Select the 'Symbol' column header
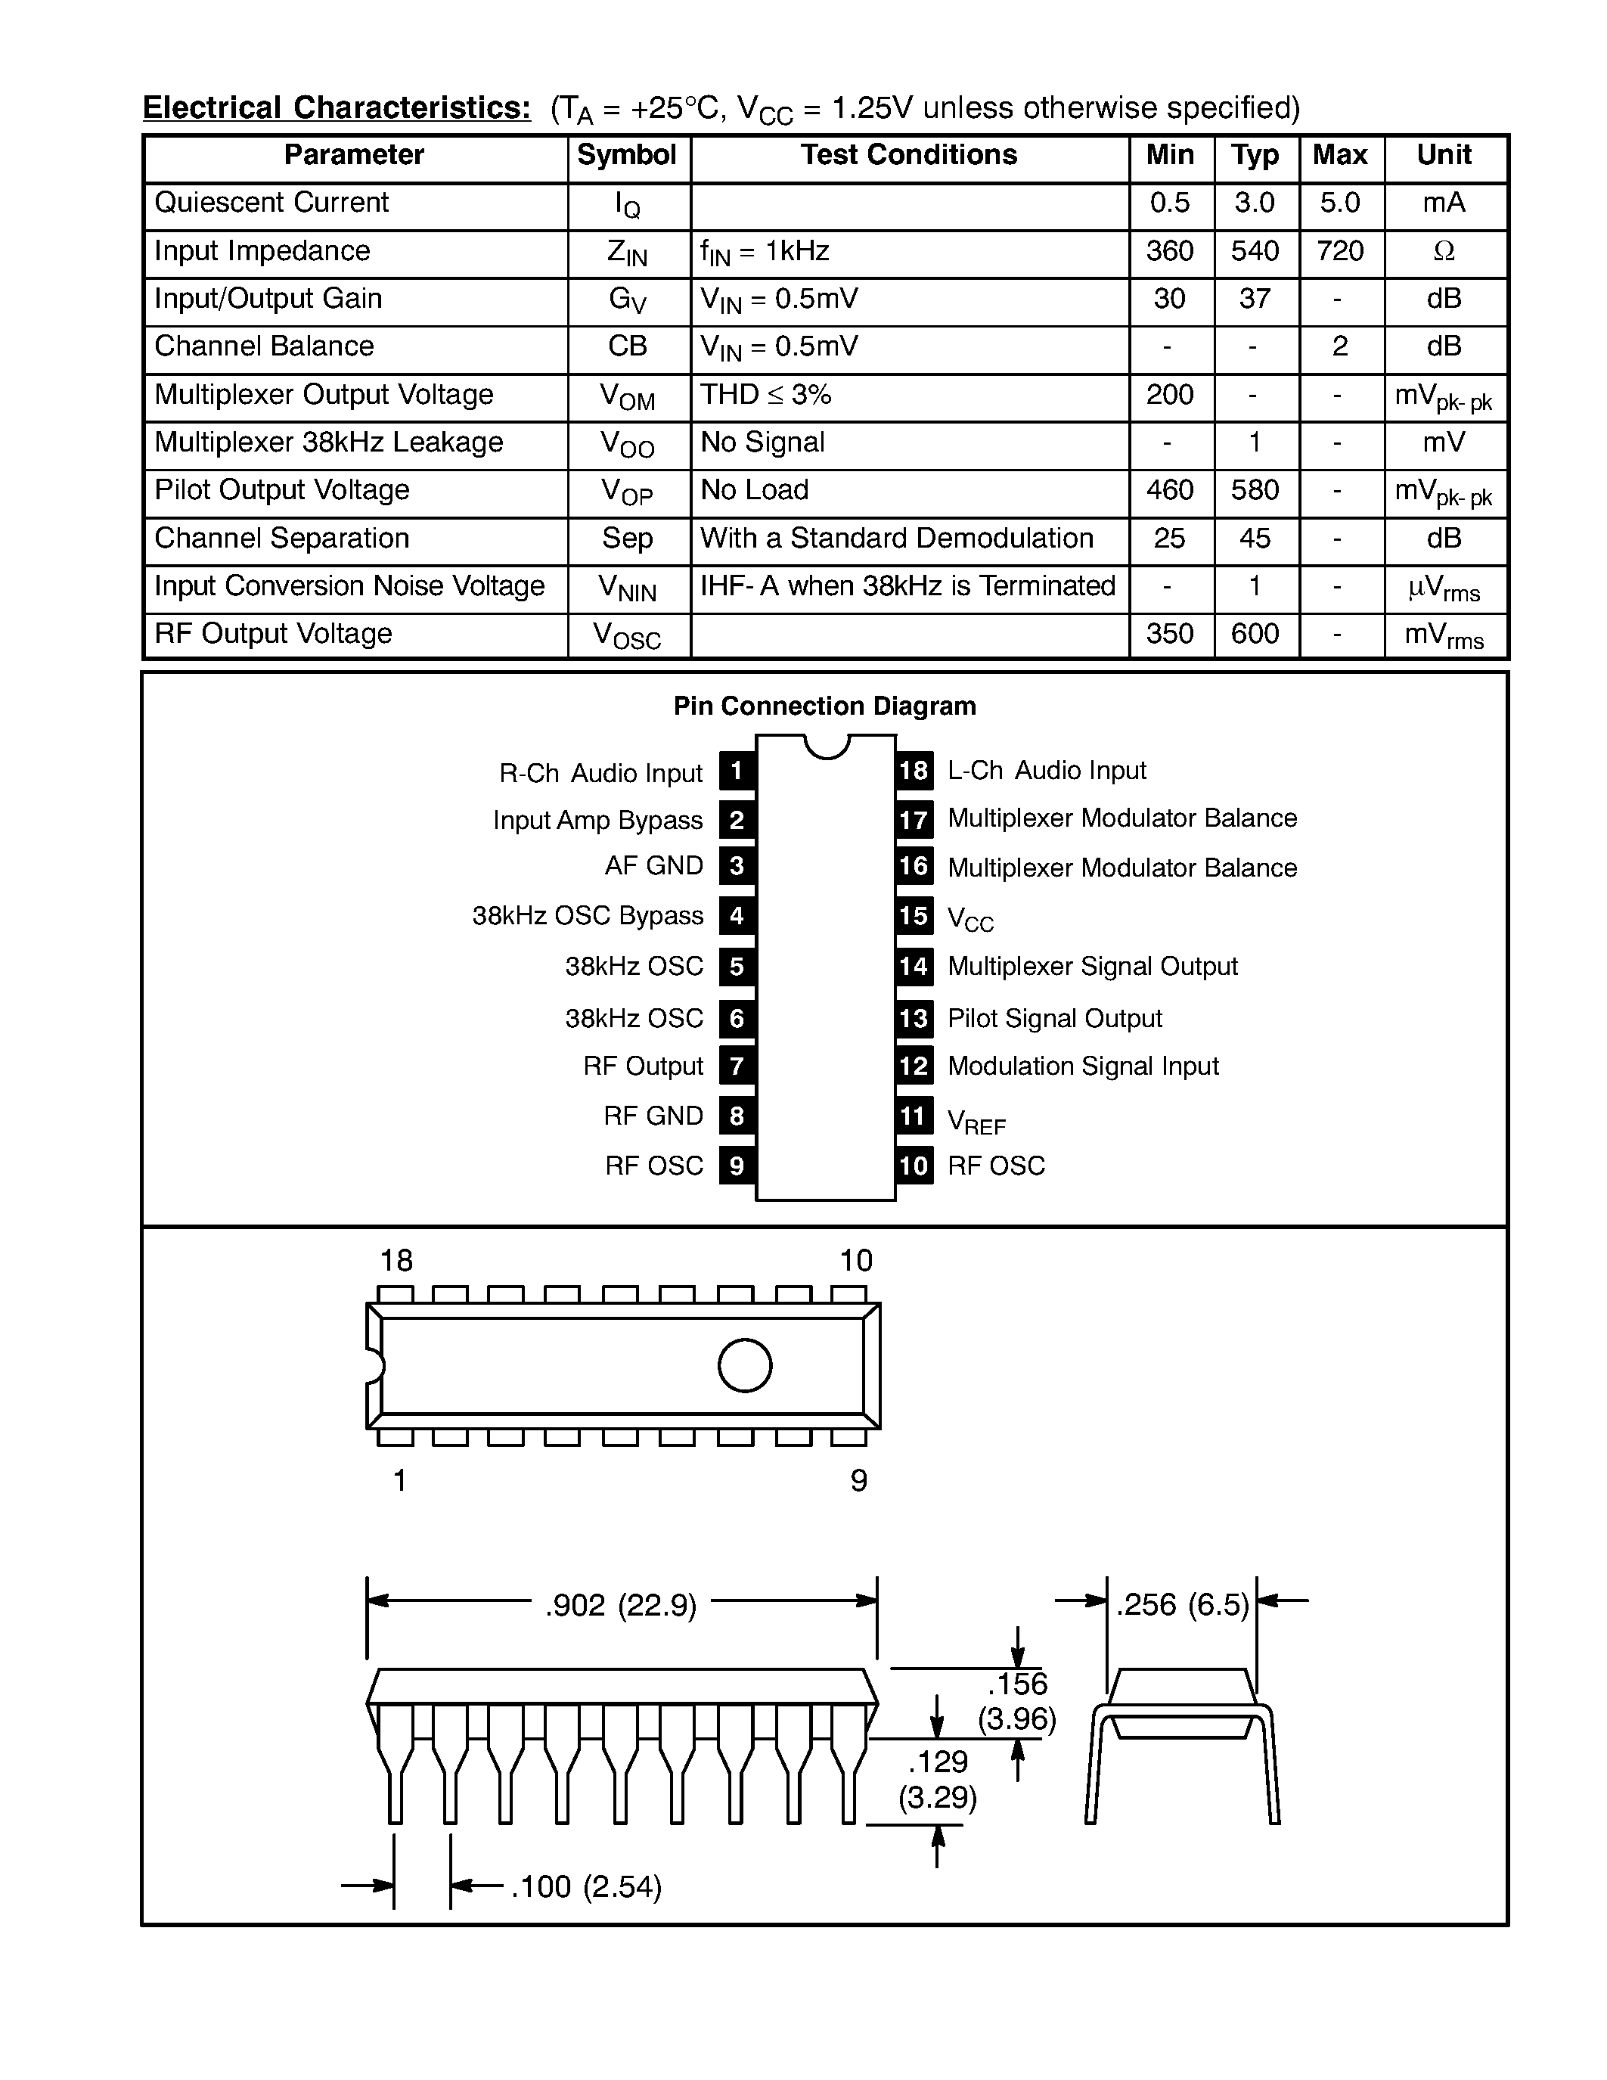tap(626, 155)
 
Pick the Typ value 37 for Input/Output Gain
tap(1255, 299)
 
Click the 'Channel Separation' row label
tap(282, 538)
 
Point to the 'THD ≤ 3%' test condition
tap(765, 394)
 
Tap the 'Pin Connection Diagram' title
tap(824, 706)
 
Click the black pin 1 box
tap(737, 771)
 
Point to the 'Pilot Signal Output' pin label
tap(1055, 1019)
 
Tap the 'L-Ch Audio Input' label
tap(1047, 771)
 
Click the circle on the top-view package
tap(744, 1366)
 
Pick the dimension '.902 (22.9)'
tap(621, 1606)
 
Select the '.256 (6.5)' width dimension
tap(1183, 1605)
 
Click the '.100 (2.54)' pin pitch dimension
tap(585, 1886)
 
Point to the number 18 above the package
tap(396, 1261)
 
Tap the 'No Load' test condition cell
tap(754, 490)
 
